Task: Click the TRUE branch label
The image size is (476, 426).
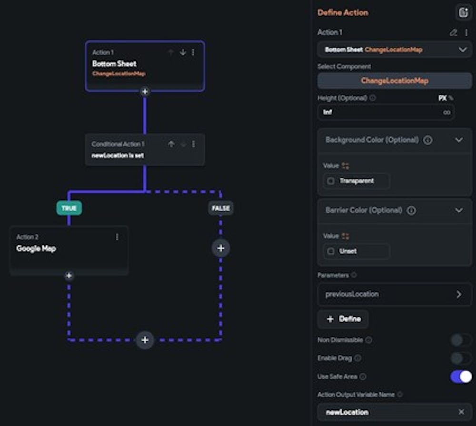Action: (69, 208)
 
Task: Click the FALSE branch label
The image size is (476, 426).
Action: (220, 208)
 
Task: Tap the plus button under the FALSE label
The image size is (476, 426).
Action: (220, 248)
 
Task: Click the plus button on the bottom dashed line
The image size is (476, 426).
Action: (145, 340)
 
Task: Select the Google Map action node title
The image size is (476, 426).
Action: (36, 248)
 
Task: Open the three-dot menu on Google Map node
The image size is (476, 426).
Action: (117, 237)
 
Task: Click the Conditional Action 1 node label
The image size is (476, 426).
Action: (118, 144)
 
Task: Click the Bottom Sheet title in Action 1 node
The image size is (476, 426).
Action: (114, 63)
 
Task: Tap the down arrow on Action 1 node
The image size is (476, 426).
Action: (183, 52)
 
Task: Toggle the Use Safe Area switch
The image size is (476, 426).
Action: (461, 376)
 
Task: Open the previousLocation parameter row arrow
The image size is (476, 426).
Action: (459, 294)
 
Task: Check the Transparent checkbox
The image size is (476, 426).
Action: (331, 181)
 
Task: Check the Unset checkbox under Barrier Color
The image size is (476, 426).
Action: (331, 251)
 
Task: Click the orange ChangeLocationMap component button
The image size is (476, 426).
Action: (395, 81)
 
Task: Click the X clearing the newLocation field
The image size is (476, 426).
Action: (461, 412)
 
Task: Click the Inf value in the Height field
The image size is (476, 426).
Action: (328, 112)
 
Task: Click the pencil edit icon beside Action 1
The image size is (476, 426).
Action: (454, 32)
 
